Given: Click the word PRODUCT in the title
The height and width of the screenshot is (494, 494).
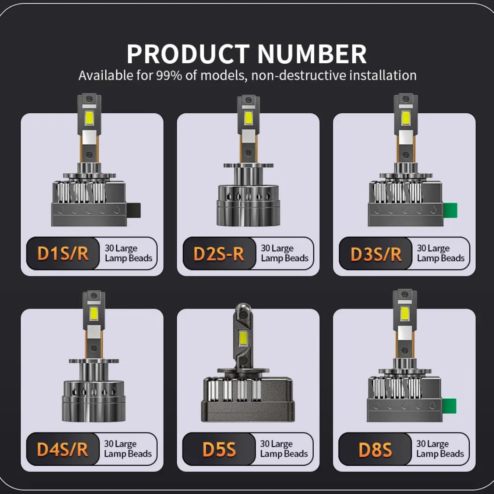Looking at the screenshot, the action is tap(188, 54).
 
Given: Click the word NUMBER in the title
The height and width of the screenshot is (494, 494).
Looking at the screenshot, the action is tap(312, 54).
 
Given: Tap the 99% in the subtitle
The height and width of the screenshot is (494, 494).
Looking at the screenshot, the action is tap(169, 75).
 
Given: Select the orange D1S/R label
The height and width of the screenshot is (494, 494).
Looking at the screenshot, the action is tap(63, 253).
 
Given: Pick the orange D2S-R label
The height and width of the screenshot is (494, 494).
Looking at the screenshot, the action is tap(219, 254).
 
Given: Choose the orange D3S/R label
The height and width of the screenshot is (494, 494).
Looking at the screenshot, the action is tap(376, 254).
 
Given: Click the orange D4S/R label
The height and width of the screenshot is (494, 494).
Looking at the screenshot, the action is tap(62, 449).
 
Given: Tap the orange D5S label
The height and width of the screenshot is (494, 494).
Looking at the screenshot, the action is tap(219, 449).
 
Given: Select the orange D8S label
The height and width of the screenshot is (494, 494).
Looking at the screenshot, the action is tap(375, 449).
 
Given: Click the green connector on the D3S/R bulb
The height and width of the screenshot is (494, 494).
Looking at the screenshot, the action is tap(450, 210).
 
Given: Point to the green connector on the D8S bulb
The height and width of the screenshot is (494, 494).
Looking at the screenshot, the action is tap(449, 406).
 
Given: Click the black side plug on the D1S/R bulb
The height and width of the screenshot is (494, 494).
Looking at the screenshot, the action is tap(133, 210).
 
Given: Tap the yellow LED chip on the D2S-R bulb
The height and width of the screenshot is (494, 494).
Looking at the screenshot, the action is tap(248, 118).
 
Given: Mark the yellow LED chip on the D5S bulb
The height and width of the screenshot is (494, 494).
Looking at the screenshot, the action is tap(243, 338).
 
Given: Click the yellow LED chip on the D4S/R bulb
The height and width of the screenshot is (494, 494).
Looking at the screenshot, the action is tap(94, 313).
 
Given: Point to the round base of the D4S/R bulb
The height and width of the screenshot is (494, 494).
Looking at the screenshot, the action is tap(94, 401).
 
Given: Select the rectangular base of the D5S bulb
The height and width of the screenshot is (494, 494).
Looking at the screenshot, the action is tap(248, 400).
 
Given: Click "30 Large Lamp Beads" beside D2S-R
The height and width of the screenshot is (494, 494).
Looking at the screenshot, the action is tap(285, 253).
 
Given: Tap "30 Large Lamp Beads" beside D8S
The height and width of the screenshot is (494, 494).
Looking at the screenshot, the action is tap(440, 448).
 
